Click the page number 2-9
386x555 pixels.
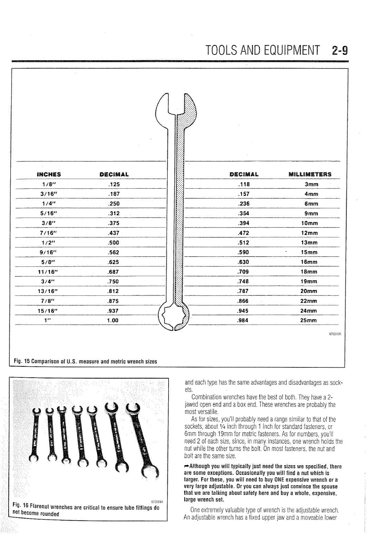[x=339, y=51]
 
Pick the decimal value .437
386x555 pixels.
[x=113, y=233]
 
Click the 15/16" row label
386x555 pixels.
[x=49, y=311]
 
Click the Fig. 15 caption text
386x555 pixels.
[x=84, y=362]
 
